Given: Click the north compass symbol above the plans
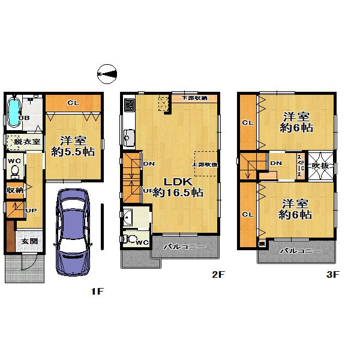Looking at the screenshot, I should point(107,73).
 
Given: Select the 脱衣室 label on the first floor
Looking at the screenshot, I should point(27,142).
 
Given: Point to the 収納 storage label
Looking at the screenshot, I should point(15,190).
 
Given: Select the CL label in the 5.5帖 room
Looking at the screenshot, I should point(73,103).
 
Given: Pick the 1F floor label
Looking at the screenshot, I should point(97,292).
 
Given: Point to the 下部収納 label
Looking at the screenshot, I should point(195,98).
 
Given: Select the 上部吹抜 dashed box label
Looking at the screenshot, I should point(205,164).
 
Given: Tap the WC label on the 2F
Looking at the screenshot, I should point(142,242).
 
